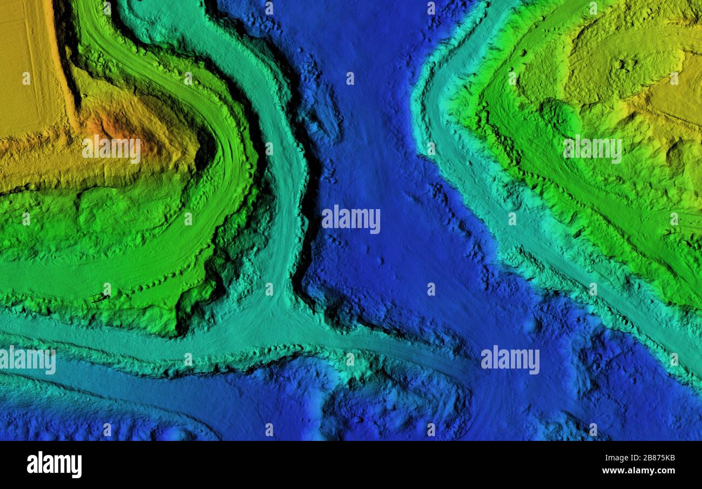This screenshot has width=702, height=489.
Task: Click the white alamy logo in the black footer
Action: click(x=54, y=465)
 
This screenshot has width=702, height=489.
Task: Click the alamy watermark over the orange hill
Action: click(x=111, y=150)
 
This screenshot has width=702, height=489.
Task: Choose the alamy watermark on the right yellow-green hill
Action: click(x=592, y=150)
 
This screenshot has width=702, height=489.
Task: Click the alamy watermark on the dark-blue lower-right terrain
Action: click(x=509, y=360)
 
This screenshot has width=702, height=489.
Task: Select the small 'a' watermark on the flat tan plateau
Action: click(x=26, y=79)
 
